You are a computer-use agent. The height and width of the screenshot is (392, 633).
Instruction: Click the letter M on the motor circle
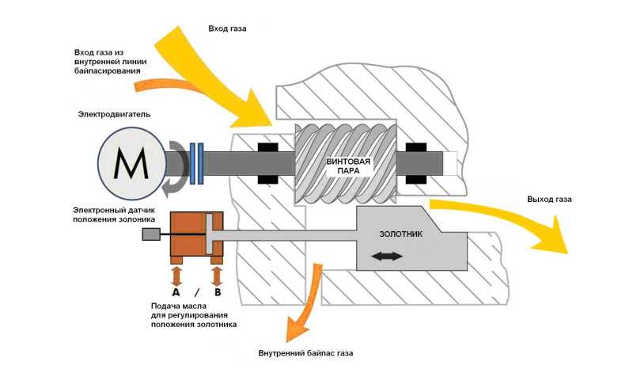pyautogui.click(x=131, y=163)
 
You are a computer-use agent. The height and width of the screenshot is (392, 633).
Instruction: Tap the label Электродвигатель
pyautogui.click(x=114, y=114)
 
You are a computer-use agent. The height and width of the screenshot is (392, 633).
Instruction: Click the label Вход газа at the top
pyautogui.click(x=227, y=29)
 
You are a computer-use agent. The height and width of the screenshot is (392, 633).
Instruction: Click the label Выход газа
pyautogui.click(x=549, y=200)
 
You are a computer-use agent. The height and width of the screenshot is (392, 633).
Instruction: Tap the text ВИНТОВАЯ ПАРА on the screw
pyautogui.click(x=348, y=166)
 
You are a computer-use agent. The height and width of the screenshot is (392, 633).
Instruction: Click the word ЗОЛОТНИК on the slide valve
pyautogui.click(x=401, y=234)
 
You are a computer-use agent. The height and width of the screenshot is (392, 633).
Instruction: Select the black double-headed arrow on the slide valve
pyautogui.click(x=387, y=257)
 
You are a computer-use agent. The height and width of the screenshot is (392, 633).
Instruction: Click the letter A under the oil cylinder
pyautogui.click(x=176, y=292)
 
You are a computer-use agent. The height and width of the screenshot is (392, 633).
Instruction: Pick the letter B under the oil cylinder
pyautogui.click(x=218, y=292)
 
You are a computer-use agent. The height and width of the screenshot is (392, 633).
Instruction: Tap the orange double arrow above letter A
pyautogui.click(x=176, y=276)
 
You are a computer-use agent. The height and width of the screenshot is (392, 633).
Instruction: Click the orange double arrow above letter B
pyautogui.click(x=217, y=276)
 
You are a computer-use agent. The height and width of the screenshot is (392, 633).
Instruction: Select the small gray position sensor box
pyautogui.click(x=151, y=234)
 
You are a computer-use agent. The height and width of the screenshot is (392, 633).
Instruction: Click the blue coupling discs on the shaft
pyautogui.click(x=196, y=163)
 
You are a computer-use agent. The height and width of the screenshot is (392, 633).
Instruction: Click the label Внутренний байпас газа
pyautogui.click(x=305, y=353)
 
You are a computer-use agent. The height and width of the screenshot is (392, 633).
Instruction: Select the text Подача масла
pyautogui.click(x=179, y=306)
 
